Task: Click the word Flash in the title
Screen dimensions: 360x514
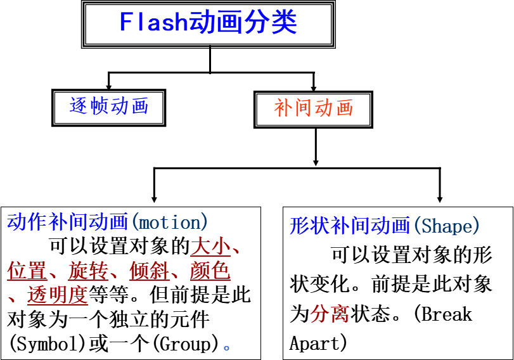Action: [153, 23]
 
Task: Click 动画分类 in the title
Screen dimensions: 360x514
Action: [243, 23]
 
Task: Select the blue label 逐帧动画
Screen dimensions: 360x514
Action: [109, 106]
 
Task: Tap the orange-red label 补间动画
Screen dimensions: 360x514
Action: [314, 108]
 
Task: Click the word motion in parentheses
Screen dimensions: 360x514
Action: [169, 222]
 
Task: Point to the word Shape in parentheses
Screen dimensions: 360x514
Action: [447, 226]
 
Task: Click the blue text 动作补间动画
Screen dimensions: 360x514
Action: [68, 222]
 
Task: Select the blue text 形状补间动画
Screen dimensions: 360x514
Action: [350, 226]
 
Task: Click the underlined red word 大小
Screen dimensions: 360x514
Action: [210, 247]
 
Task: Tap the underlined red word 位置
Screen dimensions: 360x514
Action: [27, 271]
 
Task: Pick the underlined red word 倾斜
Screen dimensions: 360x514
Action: [149, 271]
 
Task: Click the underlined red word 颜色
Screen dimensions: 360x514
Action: [210, 271]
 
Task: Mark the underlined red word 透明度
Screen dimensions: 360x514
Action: [57, 295]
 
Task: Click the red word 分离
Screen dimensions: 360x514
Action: [330, 314]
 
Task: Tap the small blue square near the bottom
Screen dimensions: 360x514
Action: [226, 348]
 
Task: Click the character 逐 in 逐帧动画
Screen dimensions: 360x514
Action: [79, 106]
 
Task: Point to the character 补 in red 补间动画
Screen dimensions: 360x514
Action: [283, 108]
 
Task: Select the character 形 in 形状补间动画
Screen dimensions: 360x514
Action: [299, 226]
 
